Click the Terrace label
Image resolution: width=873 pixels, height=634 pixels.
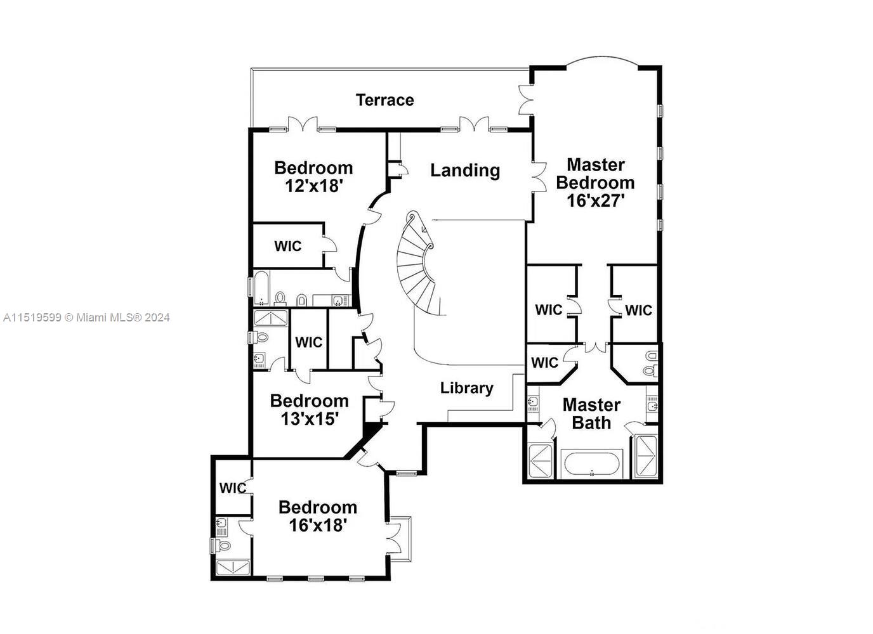tap(384, 100)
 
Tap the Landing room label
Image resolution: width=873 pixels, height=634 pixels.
tap(465, 170)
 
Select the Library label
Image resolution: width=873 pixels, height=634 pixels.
tap(466, 388)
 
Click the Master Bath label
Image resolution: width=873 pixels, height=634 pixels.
tap(591, 413)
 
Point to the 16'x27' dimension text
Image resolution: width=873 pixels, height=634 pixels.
tap(595, 201)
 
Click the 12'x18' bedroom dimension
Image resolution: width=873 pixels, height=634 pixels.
tap(313, 186)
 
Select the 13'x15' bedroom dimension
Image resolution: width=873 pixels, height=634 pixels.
tap(309, 419)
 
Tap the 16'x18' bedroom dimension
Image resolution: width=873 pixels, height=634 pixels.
tap(317, 526)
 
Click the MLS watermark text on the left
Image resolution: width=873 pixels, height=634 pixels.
tap(86, 318)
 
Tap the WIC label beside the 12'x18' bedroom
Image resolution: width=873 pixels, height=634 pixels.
tap(287, 246)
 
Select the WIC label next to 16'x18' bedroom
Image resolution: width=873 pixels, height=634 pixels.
tap(232, 488)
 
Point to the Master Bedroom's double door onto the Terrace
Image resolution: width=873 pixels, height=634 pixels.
tap(526, 100)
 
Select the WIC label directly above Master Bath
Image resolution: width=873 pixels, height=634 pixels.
tap(544, 363)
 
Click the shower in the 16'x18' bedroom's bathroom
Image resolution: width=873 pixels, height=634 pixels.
tap(233, 566)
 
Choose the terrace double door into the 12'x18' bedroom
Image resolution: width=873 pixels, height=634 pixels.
tap(302, 125)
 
